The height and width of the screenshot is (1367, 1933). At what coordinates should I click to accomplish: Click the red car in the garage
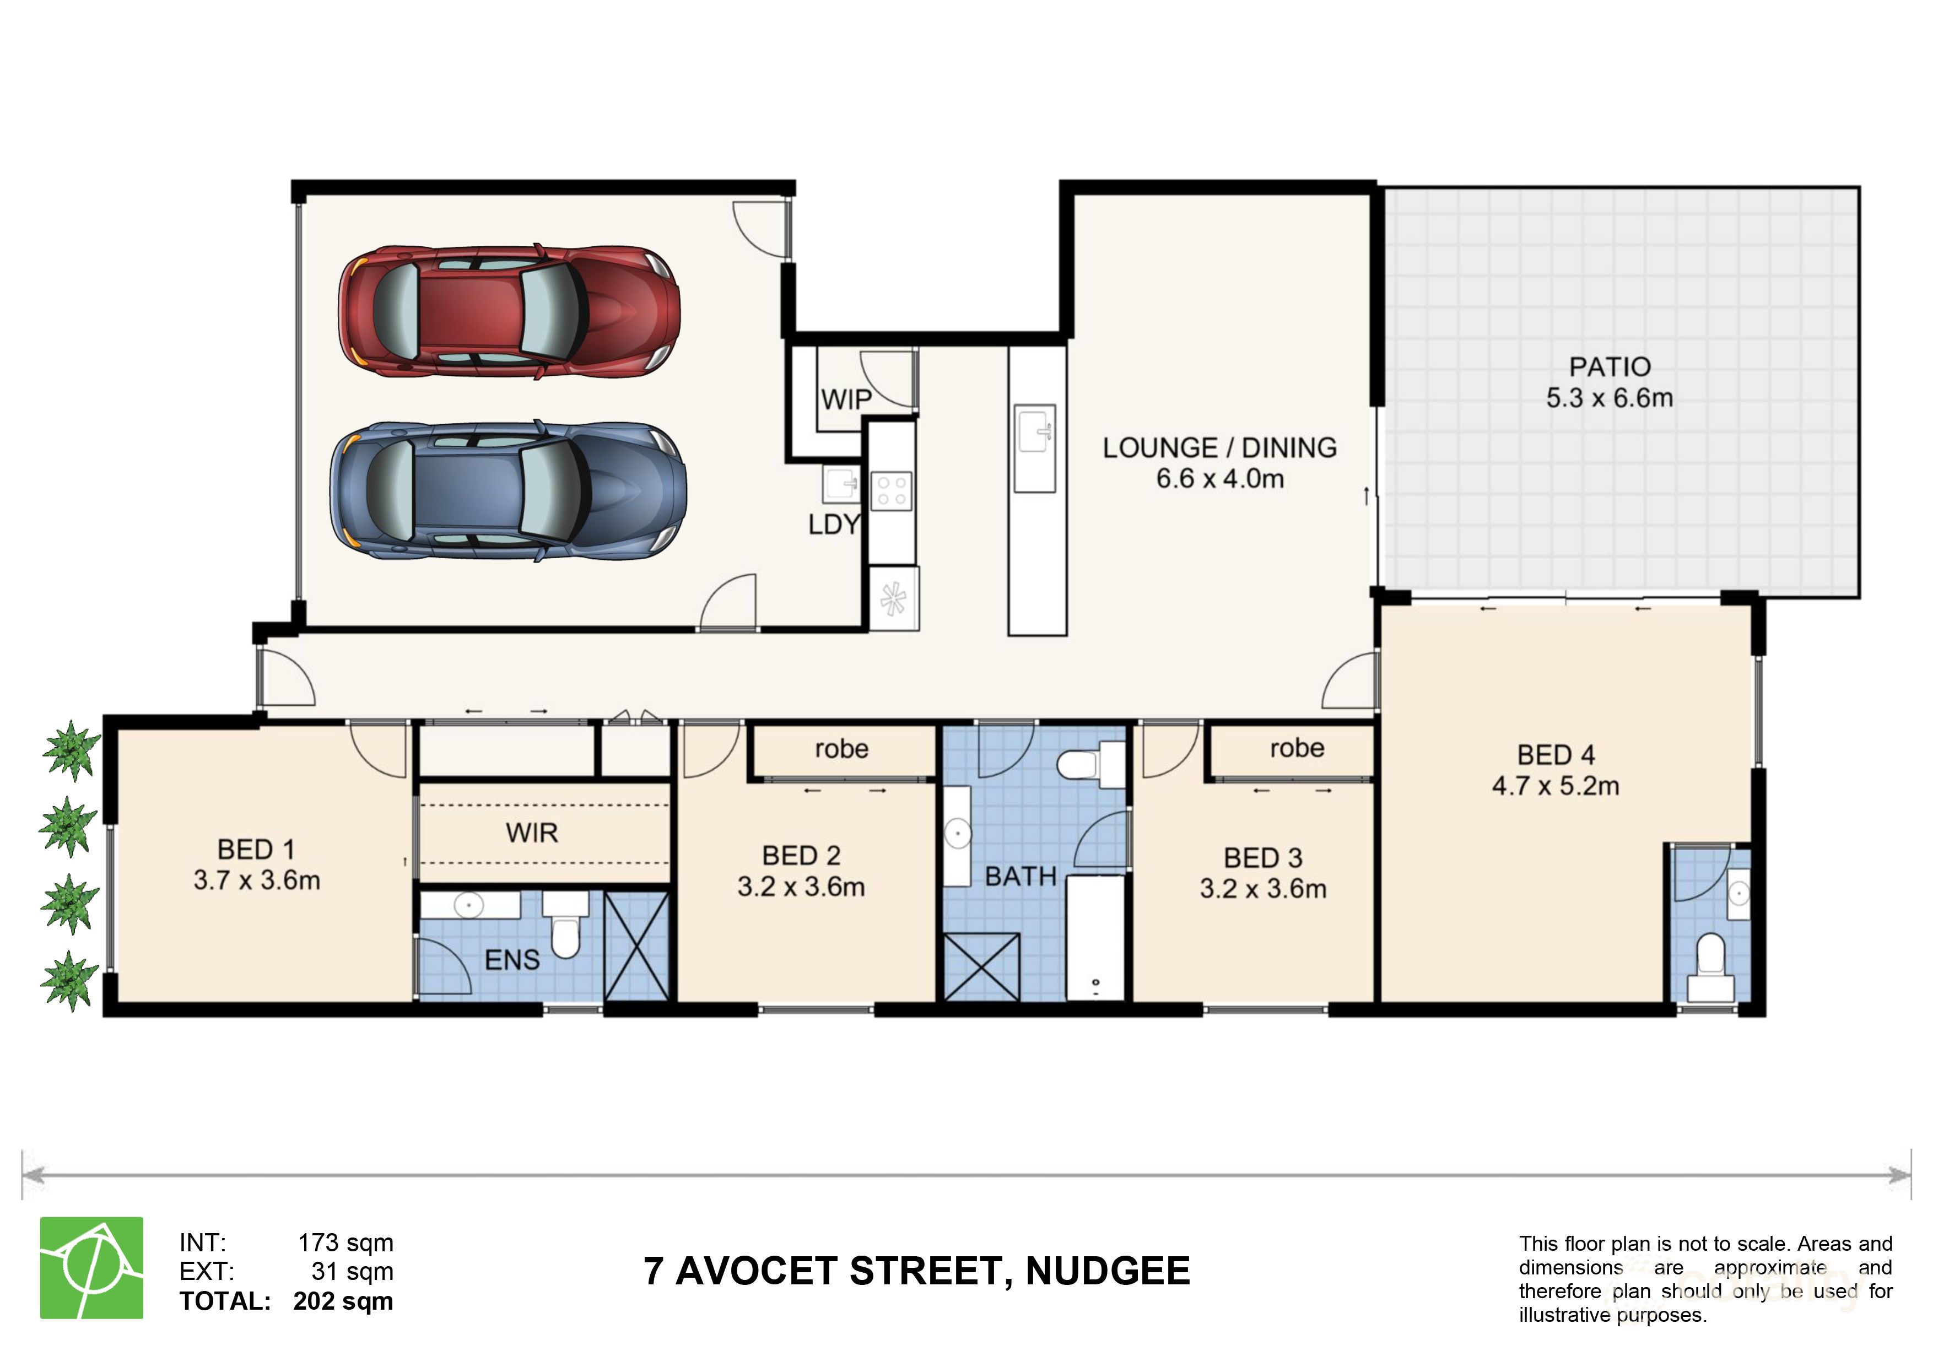(x=509, y=311)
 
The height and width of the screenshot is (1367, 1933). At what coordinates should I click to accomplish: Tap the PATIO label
(x=1609, y=367)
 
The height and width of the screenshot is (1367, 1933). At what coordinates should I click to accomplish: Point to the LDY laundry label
(x=834, y=525)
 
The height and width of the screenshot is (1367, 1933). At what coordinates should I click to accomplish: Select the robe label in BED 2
(x=841, y=748)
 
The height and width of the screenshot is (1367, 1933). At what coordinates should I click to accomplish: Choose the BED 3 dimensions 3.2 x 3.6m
(x=1263, y=889)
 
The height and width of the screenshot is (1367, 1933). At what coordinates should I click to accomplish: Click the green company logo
(x=92, y=1268)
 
